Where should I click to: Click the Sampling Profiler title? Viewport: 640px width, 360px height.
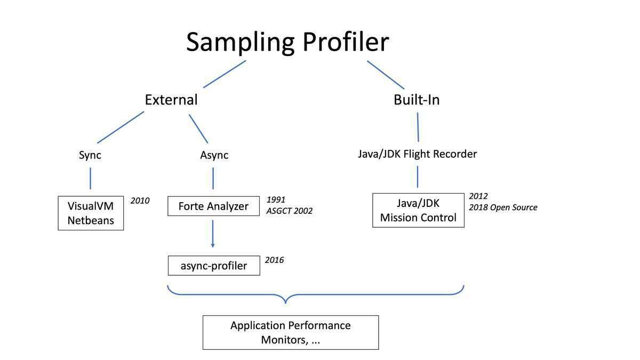(x=287, y=42)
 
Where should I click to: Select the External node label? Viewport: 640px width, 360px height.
(x=171, y=100)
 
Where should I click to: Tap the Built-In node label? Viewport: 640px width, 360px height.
(x=417, y=100)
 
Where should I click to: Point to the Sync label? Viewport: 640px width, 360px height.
(x=90, y=155)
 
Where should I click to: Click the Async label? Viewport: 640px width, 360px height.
(x=214, y=155)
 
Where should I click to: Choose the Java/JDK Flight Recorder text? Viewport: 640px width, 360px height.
(x=417, y=154)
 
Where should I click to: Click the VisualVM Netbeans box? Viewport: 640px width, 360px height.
(x=91, y=213)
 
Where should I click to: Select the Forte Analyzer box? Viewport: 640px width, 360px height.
(x=213, y=206)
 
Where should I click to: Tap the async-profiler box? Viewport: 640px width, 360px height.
(x=214, y=266)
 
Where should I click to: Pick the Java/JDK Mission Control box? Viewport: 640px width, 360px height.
(x=418, y=210)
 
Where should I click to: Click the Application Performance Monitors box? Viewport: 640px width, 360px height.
(x=291, y=332)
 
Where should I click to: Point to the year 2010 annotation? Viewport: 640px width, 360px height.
(x=140, y=201)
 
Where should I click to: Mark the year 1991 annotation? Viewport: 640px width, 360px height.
(x=276, y=200)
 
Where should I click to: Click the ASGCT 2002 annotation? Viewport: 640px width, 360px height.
(x=290, y=211)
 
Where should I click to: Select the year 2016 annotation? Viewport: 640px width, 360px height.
(x=274, y=260)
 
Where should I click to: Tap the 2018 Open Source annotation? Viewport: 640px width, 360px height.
(x=503, y=207)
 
